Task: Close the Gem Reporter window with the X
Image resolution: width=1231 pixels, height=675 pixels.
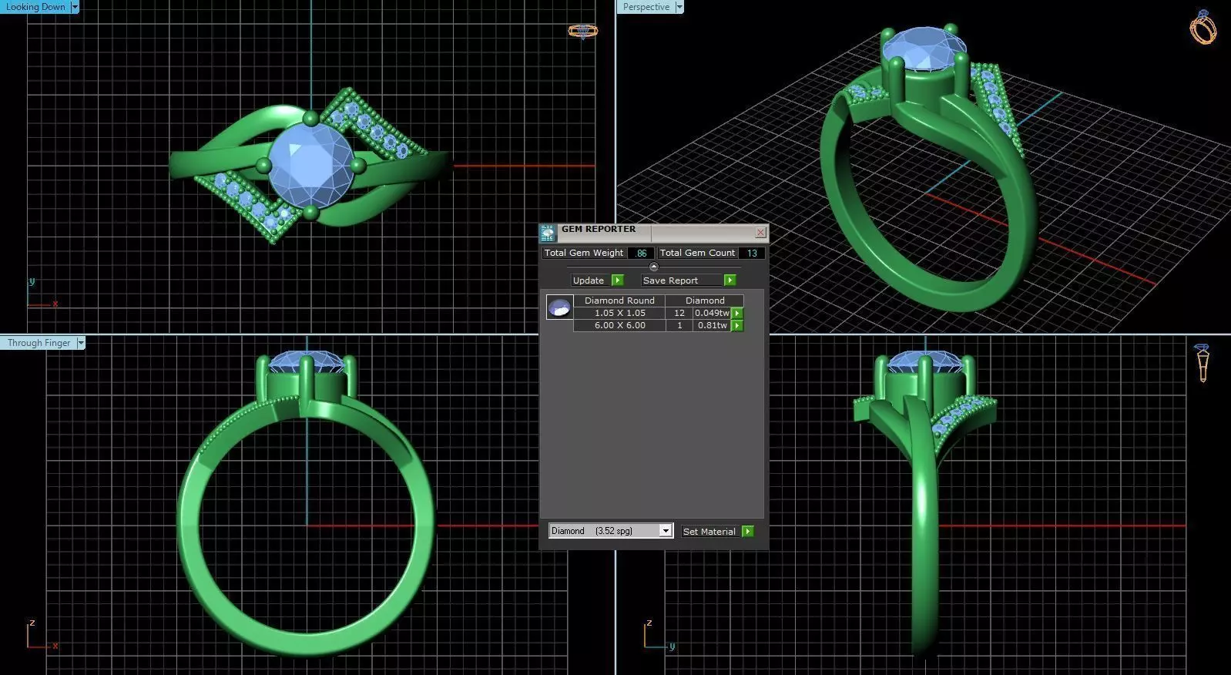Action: click(x=760, y=232)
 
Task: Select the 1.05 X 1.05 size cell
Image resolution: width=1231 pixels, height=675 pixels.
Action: click(x=619, y=313)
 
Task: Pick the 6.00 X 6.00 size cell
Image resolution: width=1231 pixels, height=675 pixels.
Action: click(x=619, y=325)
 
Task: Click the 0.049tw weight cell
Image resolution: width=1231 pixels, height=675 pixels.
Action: click(x=712, y=313)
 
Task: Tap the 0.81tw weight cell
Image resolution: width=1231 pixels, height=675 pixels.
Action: click(x=712, y=325)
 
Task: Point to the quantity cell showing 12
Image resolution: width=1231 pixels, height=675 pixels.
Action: click(x=679, y=313)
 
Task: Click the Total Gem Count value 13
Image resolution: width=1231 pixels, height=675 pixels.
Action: click(x=752, y=253)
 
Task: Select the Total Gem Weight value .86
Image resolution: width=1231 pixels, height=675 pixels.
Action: click(x=641, y=253)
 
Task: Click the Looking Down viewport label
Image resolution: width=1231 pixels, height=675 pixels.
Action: click(x=35, y=7)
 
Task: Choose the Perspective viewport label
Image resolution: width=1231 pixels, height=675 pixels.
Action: click(x=646, y=7)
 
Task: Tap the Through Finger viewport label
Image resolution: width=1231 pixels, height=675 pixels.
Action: click(x=39, y=343)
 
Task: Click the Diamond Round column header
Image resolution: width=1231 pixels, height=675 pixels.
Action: click(x=619, y=301)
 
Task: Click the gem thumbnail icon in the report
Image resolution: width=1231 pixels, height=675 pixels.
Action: click(x=559, y=307)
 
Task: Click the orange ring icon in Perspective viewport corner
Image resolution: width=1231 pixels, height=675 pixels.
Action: click(x=1202, y=28)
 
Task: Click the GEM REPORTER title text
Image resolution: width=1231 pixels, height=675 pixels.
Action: click(x=599, y=230)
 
